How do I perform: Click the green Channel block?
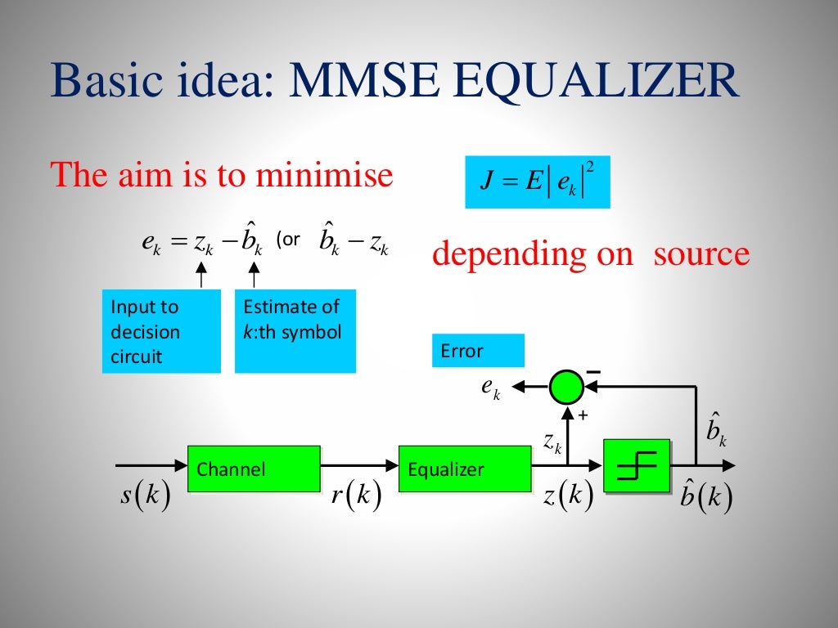tap(254, 469)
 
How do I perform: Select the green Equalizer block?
tap(464, 469)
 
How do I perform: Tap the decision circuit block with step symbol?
tap(637, 467)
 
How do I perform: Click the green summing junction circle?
tap(565, 387)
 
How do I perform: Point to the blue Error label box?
tap(478, 351)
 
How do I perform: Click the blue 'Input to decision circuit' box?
tap(161, 331)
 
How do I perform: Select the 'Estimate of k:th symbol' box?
tap(295, 331)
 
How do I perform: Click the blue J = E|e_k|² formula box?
tap(538, 182)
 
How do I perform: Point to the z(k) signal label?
tap(568, 496)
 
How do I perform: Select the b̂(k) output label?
tap(705, 496)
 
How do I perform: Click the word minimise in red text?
tap(324, 175)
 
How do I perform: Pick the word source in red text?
tap(701, 254)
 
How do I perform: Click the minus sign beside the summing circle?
tap(593, 372)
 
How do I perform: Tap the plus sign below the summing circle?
tap(583, 415)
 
